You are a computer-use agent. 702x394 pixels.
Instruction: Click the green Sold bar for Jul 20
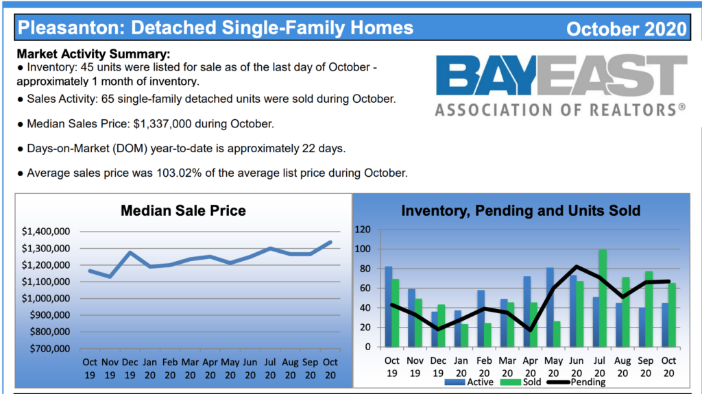[603, 298]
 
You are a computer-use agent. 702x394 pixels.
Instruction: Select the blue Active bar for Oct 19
[389, 307]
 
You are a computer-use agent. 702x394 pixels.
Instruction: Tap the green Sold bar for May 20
[557, 334]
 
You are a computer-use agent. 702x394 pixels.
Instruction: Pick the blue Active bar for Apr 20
[527, 312]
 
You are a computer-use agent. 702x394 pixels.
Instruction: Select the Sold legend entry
[521, 382]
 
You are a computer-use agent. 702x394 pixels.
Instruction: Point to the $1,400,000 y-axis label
[46, 232]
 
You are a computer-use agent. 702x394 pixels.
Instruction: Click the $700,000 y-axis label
[49, 348]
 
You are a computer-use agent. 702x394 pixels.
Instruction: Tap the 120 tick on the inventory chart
[363, 230]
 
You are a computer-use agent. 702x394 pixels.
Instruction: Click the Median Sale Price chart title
[183, 210]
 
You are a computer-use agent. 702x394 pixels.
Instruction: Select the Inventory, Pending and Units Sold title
[521, 210]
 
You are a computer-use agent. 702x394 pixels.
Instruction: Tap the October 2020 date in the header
[627, 29]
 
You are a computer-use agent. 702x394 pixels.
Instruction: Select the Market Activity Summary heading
[93, 54]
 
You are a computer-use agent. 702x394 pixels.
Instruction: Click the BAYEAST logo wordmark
[561, 75]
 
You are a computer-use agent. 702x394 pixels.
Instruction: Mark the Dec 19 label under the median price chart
[130, 369]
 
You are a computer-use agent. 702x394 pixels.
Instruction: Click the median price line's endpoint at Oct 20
[330, 242]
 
